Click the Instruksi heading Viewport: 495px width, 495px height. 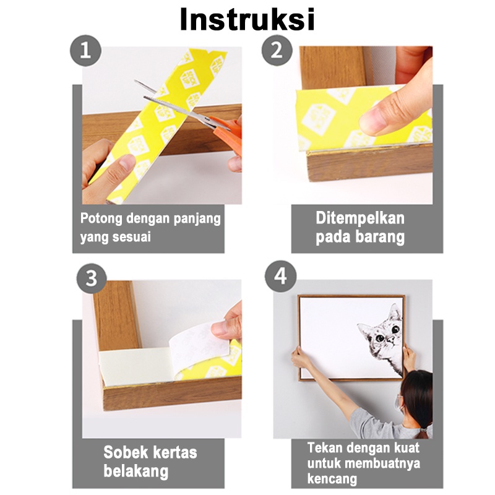click(x=247, y=19)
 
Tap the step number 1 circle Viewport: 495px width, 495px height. click(x=85, y=51)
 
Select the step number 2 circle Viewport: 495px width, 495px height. click(x=277, y=50)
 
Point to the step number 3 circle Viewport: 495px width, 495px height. click(x=92, y=278)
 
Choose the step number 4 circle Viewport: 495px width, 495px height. click(x=280, y=276)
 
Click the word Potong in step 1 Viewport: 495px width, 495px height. click(x=101, y=218)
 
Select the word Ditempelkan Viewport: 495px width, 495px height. click(x=360, y=218)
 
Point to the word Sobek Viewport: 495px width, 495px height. click(x=121, y=452)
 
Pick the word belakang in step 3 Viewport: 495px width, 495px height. click(x=136, y=471)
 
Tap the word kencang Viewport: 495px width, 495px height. click(x=332, y=479)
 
